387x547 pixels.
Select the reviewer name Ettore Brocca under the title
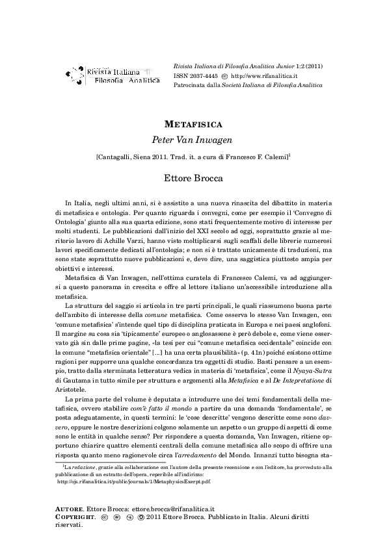click(x=193, y=177)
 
